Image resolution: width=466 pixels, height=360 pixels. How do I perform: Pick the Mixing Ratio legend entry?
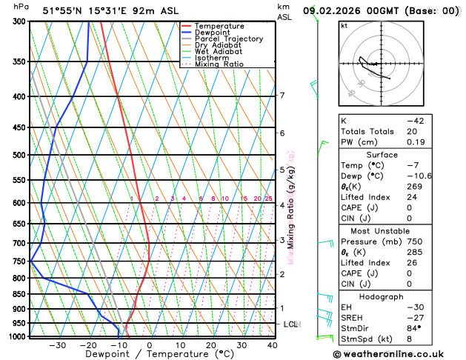(219, 64)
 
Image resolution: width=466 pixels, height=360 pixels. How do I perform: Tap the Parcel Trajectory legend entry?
(228, 39)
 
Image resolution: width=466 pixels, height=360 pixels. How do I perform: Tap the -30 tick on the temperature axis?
(57, 345)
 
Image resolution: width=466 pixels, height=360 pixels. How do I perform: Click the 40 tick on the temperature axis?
(272, 345)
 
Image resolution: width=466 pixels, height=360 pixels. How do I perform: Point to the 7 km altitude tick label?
(282, 96)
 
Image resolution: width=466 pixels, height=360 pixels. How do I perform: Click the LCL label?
(291, 324)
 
